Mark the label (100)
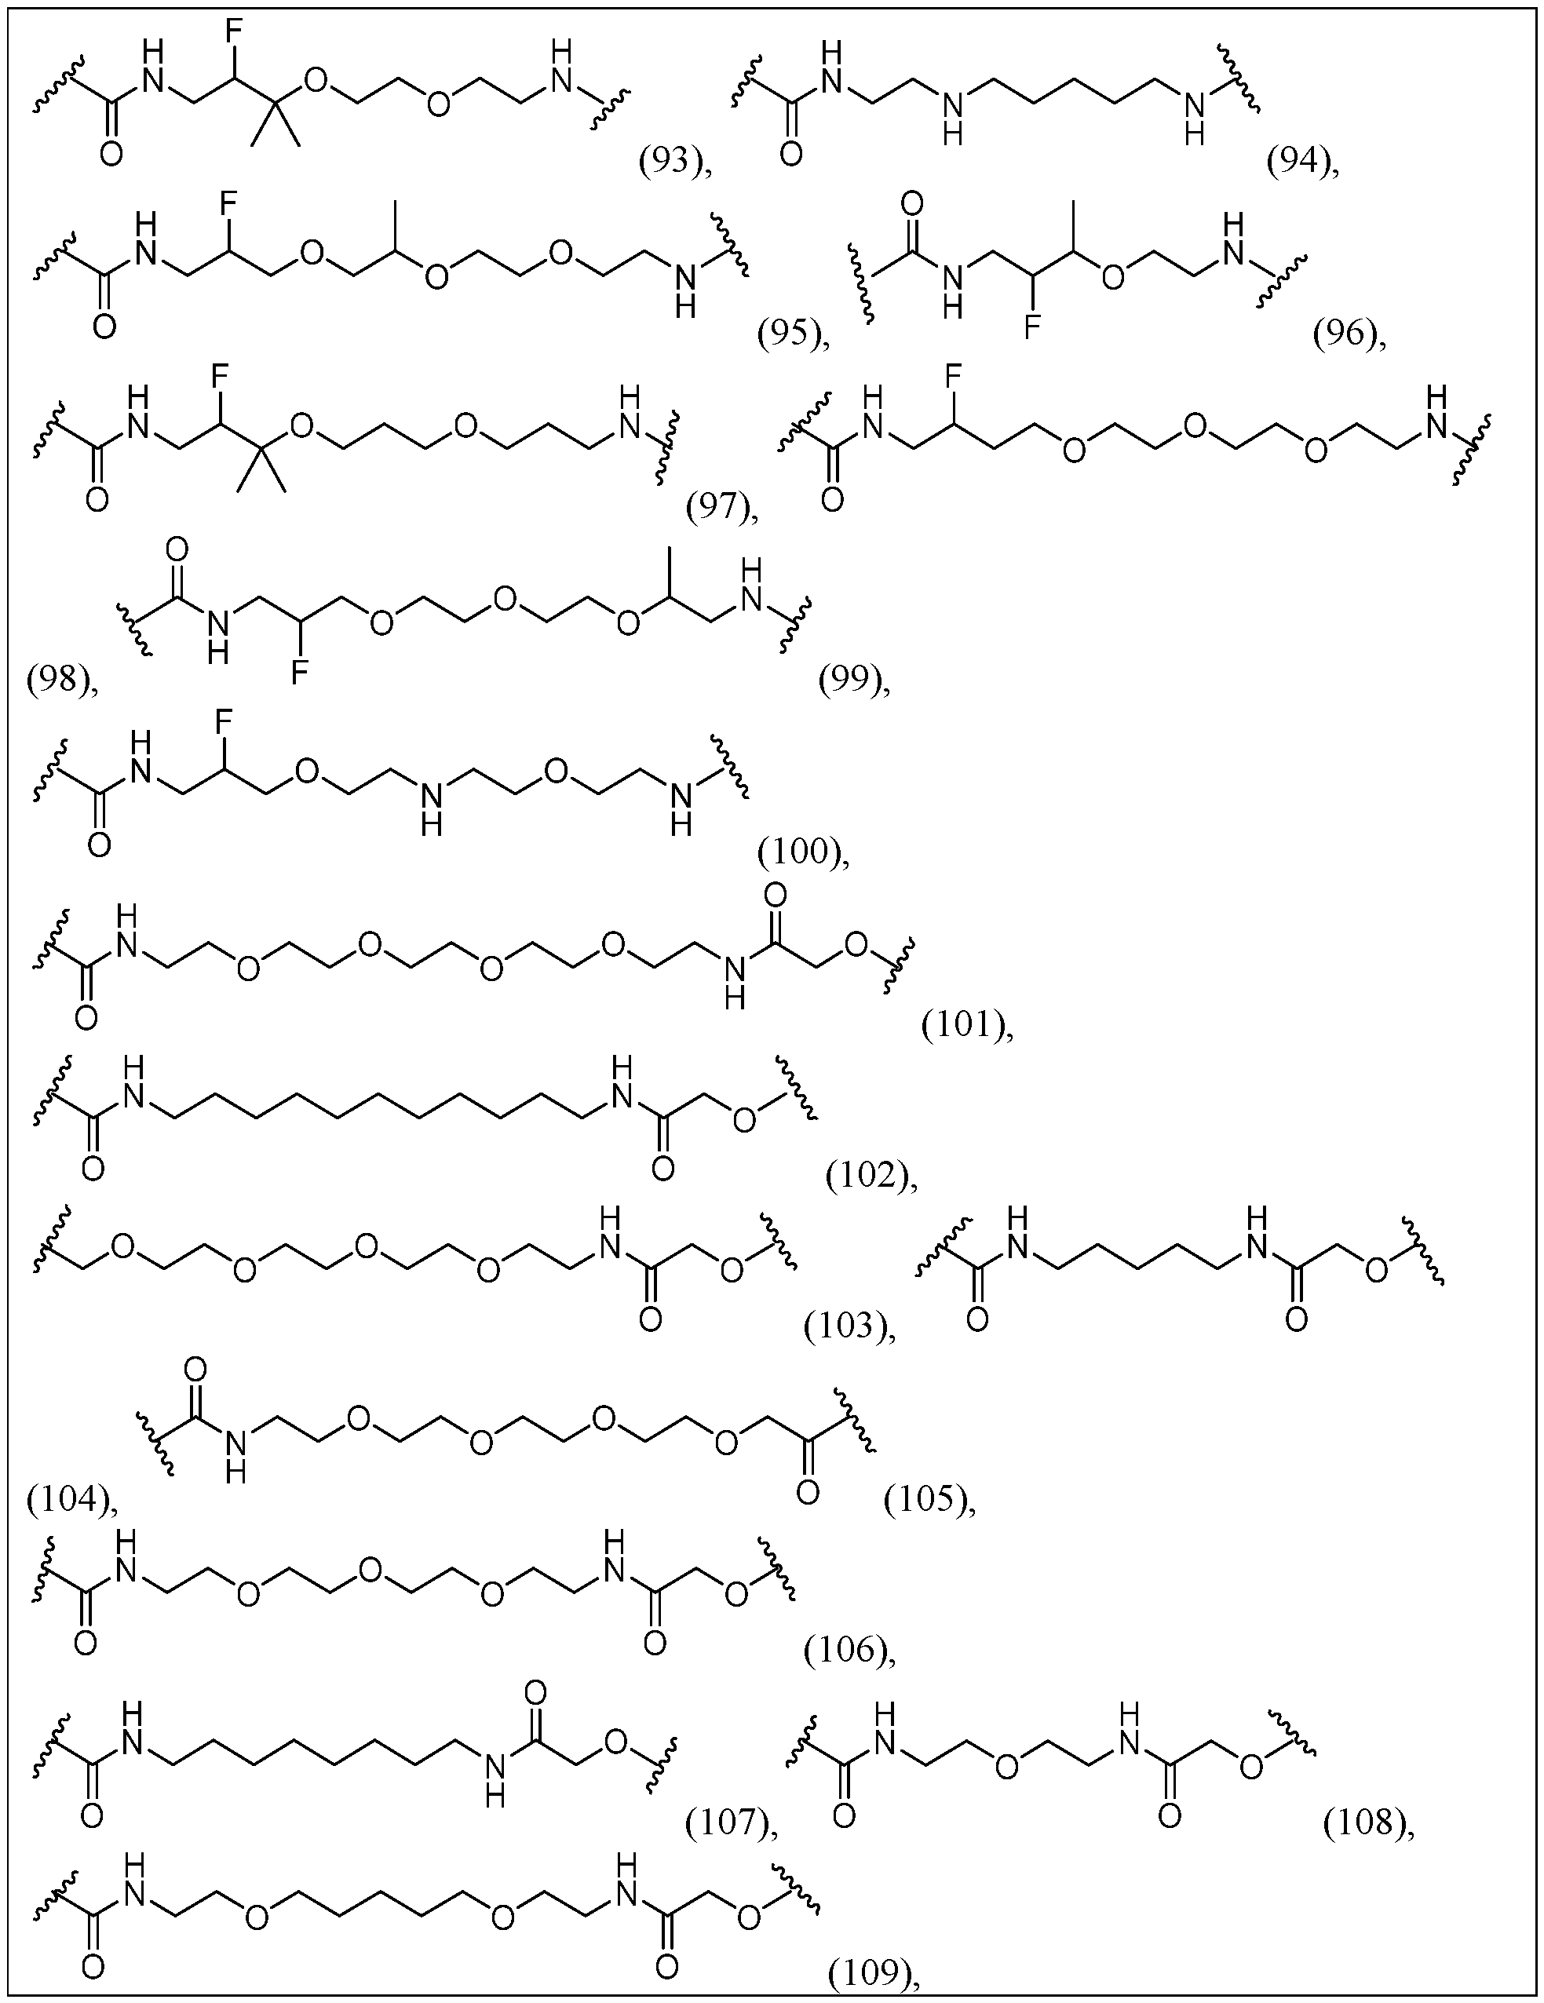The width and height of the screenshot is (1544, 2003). pyautogui.click(x=798, y=852)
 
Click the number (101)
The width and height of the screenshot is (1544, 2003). pyautogui.click(x=963, y=1024)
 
